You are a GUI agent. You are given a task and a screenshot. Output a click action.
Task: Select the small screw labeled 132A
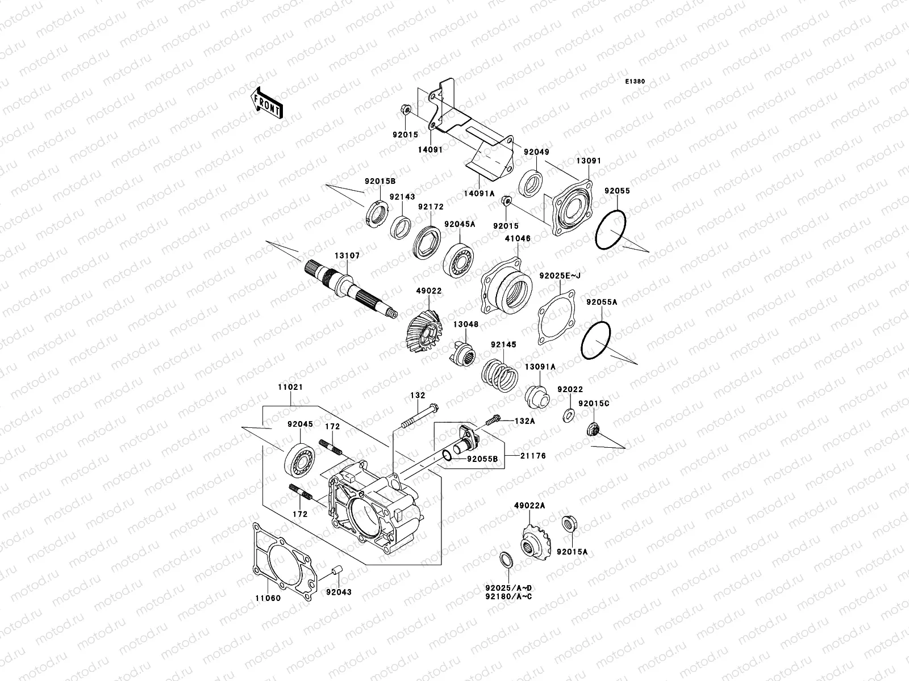(494, 422)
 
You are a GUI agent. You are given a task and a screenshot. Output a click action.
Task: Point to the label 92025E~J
(560, 275)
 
